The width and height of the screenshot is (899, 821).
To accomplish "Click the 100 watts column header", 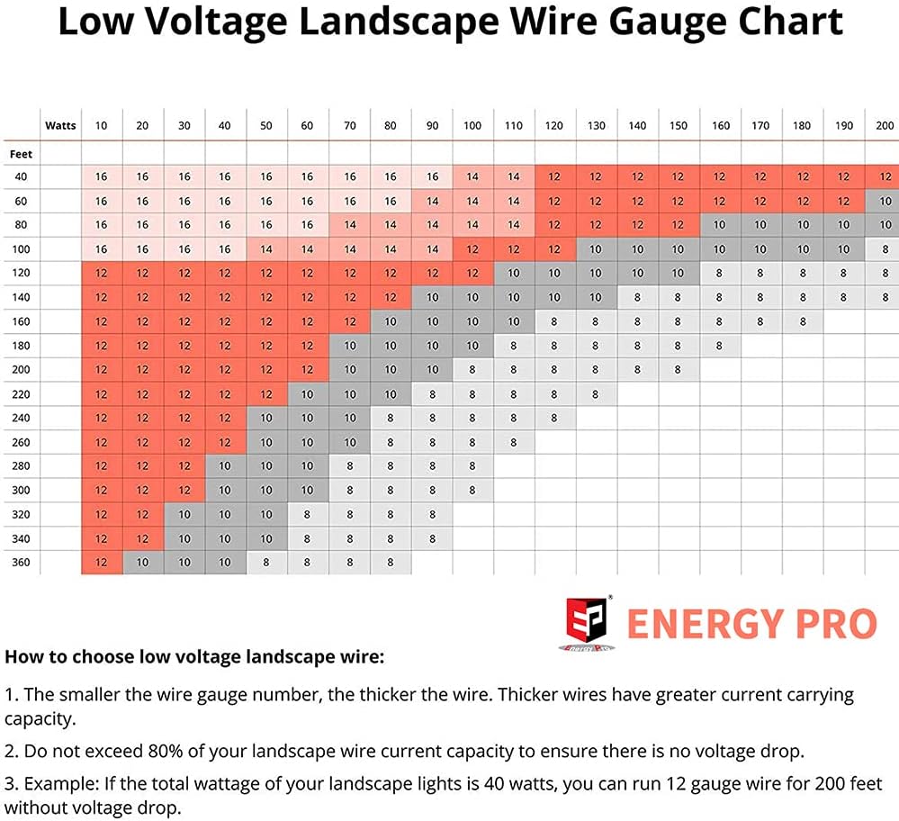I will (472, 126).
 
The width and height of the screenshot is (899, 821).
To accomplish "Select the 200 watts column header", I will (884, 126).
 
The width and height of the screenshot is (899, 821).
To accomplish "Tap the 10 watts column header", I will (101, 126).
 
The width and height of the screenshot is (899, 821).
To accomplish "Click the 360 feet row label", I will (21, 563).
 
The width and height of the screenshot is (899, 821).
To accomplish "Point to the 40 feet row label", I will (21, 177).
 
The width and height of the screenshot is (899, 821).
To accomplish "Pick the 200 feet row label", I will (21, 370).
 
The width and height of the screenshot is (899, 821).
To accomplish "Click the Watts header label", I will (60, 126).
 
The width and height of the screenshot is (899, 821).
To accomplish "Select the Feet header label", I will (21, 154).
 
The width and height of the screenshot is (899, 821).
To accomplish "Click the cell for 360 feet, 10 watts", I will (101, 563).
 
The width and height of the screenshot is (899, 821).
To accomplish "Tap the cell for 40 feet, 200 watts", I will (884, 177).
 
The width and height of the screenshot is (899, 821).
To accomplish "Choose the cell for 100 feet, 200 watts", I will (884, 249).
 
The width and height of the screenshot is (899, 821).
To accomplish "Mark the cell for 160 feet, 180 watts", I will (803, 321).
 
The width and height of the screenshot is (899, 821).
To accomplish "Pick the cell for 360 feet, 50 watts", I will (265, 563).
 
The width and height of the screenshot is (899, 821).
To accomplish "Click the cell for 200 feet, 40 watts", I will (225, 370).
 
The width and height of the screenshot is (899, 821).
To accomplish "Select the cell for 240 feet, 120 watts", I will (554, 418).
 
